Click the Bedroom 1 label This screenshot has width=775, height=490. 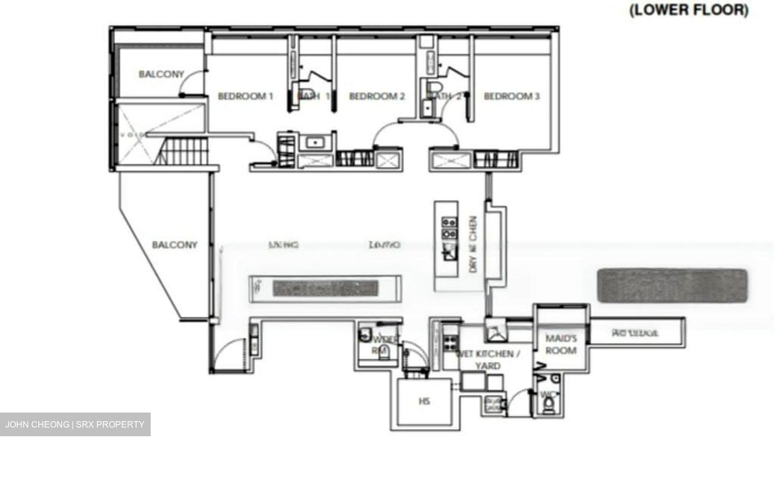click(x=245, y=96)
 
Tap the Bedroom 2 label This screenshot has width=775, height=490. click(x=377, y=96)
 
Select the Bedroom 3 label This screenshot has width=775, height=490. click(x=511, y=96)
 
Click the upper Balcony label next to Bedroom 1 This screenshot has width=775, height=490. click(x=161, y=74)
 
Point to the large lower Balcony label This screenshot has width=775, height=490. click(x=174, y=245)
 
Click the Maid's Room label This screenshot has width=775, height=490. click(x=561, y=344)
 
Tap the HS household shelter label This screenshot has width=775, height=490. click(x=424, y=401)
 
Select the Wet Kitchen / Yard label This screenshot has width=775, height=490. click(x=488, y=360)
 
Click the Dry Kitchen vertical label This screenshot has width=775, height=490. click(x=473, y=244)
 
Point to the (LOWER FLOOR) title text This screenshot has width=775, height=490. click(x=688, y=10)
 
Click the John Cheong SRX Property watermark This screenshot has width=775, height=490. click(x=75, y=424)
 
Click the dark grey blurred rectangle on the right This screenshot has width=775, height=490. click(x=672, y=285)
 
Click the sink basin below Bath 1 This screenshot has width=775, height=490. click(x=314, y=143)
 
